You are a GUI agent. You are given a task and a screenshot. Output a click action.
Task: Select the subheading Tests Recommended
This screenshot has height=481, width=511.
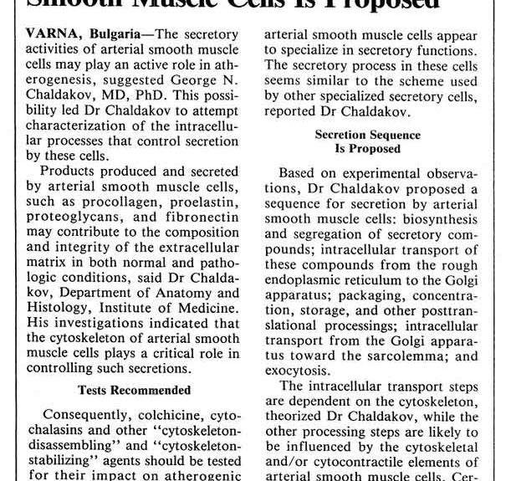tap(134, 389)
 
